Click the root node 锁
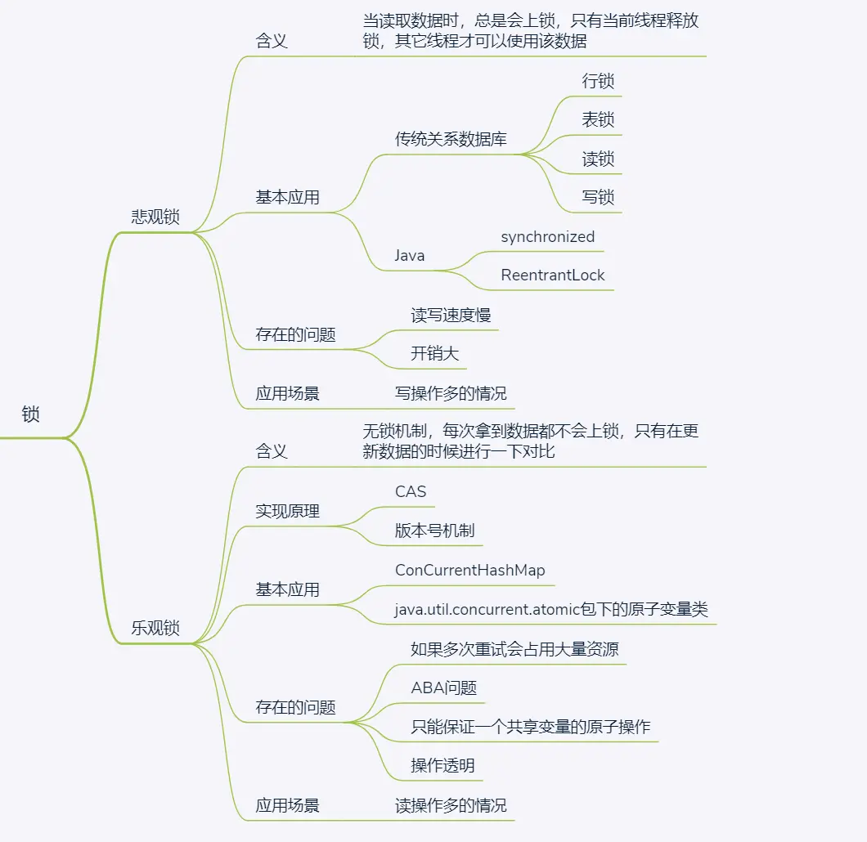click(x=30, y=414)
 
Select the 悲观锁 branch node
click(x=155, y=217)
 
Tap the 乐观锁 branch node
click(x=155, y=629)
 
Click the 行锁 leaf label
click(x=598, y=81)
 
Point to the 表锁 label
click(x=598, y=119)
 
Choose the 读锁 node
click(x=598, y=159)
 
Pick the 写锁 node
click(x=598, y=197)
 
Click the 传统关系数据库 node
click(x=451, y=139)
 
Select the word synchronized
click(x=547, y=237)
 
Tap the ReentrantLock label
click(x=552, y=275)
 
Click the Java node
click(x=410, y=256)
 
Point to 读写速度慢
click(x=451, y=315)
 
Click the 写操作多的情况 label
click(x=451, y=393)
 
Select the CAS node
click(x=411, y=491)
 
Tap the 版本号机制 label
click(x=434, y=531)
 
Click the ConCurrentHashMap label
click(x=469, y=570)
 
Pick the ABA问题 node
click(x=443, y=687)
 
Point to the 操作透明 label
click(x=442, y=766)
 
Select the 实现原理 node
click(x=287, y=511)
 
